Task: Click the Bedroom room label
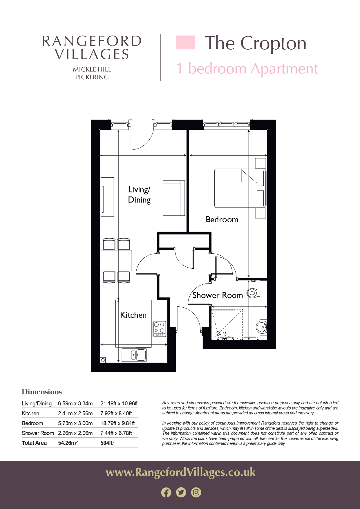point(222,219)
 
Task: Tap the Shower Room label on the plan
point(218,295)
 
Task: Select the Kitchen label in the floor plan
point(133,315)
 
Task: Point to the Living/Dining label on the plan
point(139,195)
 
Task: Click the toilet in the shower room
point(253,293)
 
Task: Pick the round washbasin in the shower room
point(262,327)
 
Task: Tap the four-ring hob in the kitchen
point(159,329)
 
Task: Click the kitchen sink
point(134,355)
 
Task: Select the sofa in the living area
point(174,198)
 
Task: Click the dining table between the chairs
point(116,260)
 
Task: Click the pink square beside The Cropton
point(185,42)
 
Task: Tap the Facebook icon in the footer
point(166,492)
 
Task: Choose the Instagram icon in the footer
point(196,492)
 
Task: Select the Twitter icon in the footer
point(181,492)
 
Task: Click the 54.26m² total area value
point(68,443)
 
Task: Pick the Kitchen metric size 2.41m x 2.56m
point(75,413)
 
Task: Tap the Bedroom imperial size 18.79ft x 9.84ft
point(117,423)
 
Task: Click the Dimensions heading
point(42,392)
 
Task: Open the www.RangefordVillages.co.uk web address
point(180,472)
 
